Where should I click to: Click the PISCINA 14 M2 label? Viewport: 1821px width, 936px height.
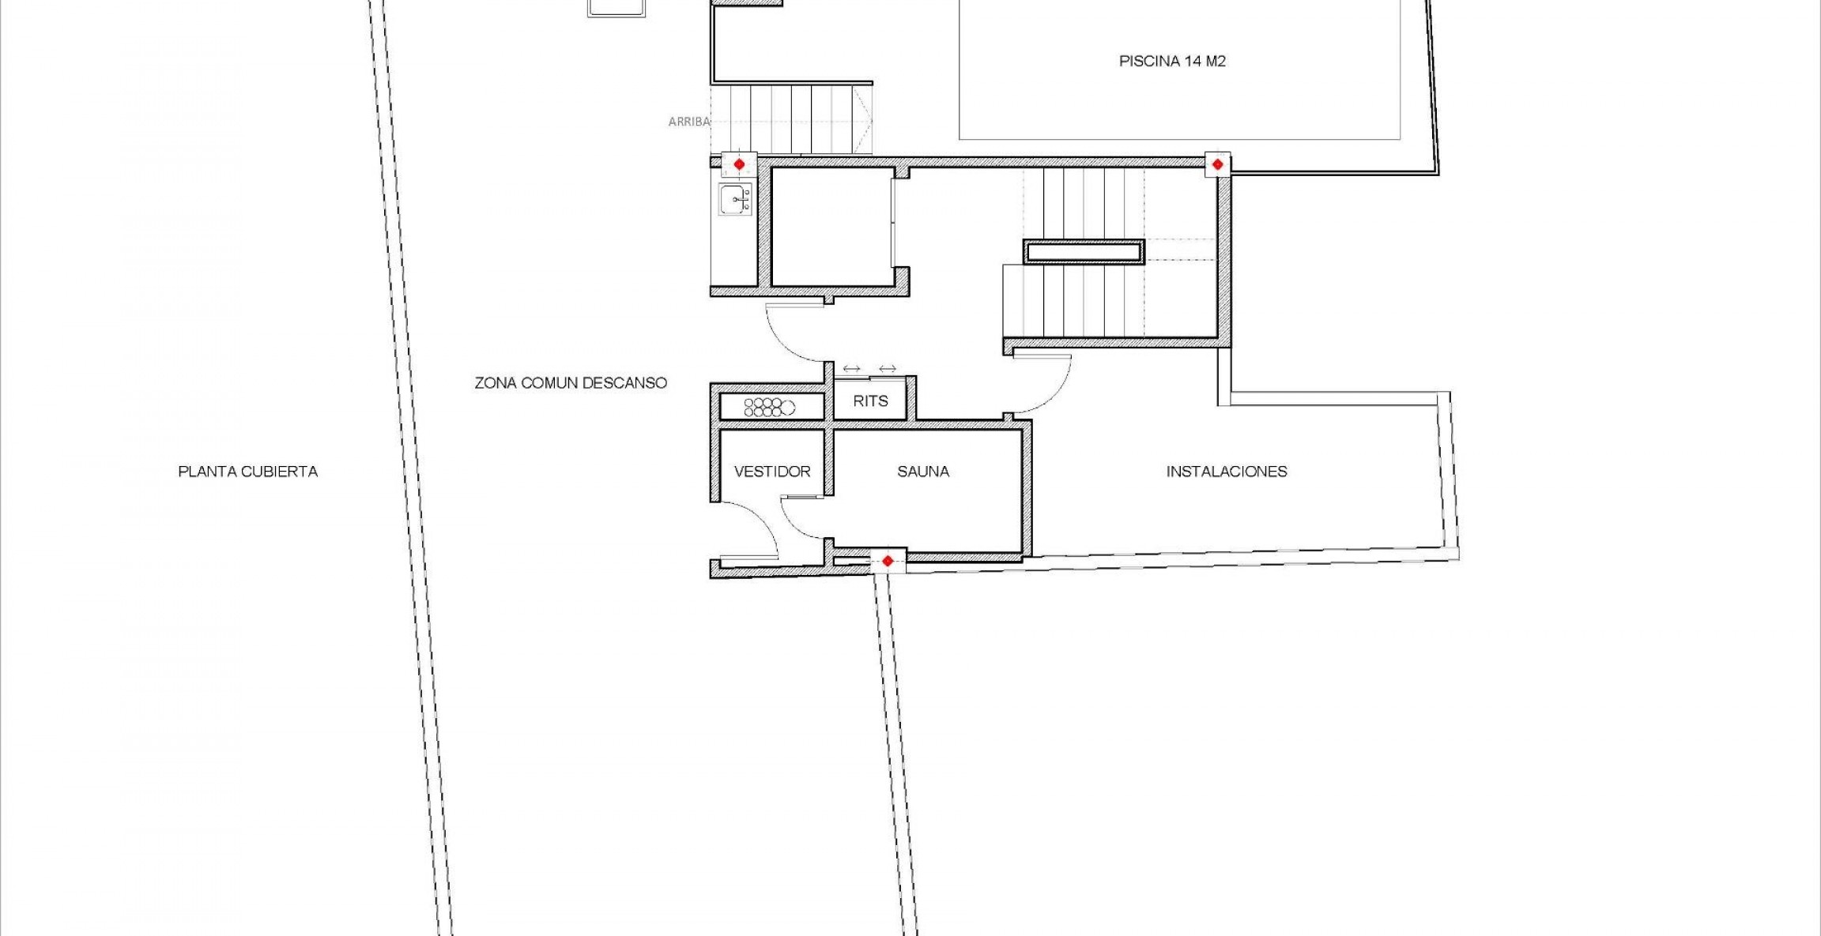point(1172,62)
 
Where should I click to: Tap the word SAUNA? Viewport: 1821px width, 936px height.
point(922,472)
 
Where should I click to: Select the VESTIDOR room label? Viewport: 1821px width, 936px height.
point(772,472)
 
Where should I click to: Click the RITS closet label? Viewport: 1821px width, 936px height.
point(870,401)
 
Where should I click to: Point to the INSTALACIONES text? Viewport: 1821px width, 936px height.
point(1227,472)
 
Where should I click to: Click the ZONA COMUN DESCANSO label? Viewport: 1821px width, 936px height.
point(570,383)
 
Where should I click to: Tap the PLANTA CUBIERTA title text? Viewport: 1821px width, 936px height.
point(247,472)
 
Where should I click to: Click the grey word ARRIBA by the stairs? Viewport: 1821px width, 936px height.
point(688,122)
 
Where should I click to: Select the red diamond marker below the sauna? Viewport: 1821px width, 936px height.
point(888,561)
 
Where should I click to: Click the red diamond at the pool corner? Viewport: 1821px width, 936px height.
point(1217,164)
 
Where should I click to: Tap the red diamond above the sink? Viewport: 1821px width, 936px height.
point(739,164)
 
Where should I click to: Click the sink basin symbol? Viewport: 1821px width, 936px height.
point(735,199)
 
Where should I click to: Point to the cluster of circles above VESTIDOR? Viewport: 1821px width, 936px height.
point(763,408)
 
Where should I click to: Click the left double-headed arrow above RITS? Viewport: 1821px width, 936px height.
point(851,369)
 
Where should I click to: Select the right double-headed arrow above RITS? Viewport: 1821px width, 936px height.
point(887,369)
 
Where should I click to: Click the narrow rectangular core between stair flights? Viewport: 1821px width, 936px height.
point(1084,252)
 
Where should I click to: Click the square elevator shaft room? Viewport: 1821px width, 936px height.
point(831,227)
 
